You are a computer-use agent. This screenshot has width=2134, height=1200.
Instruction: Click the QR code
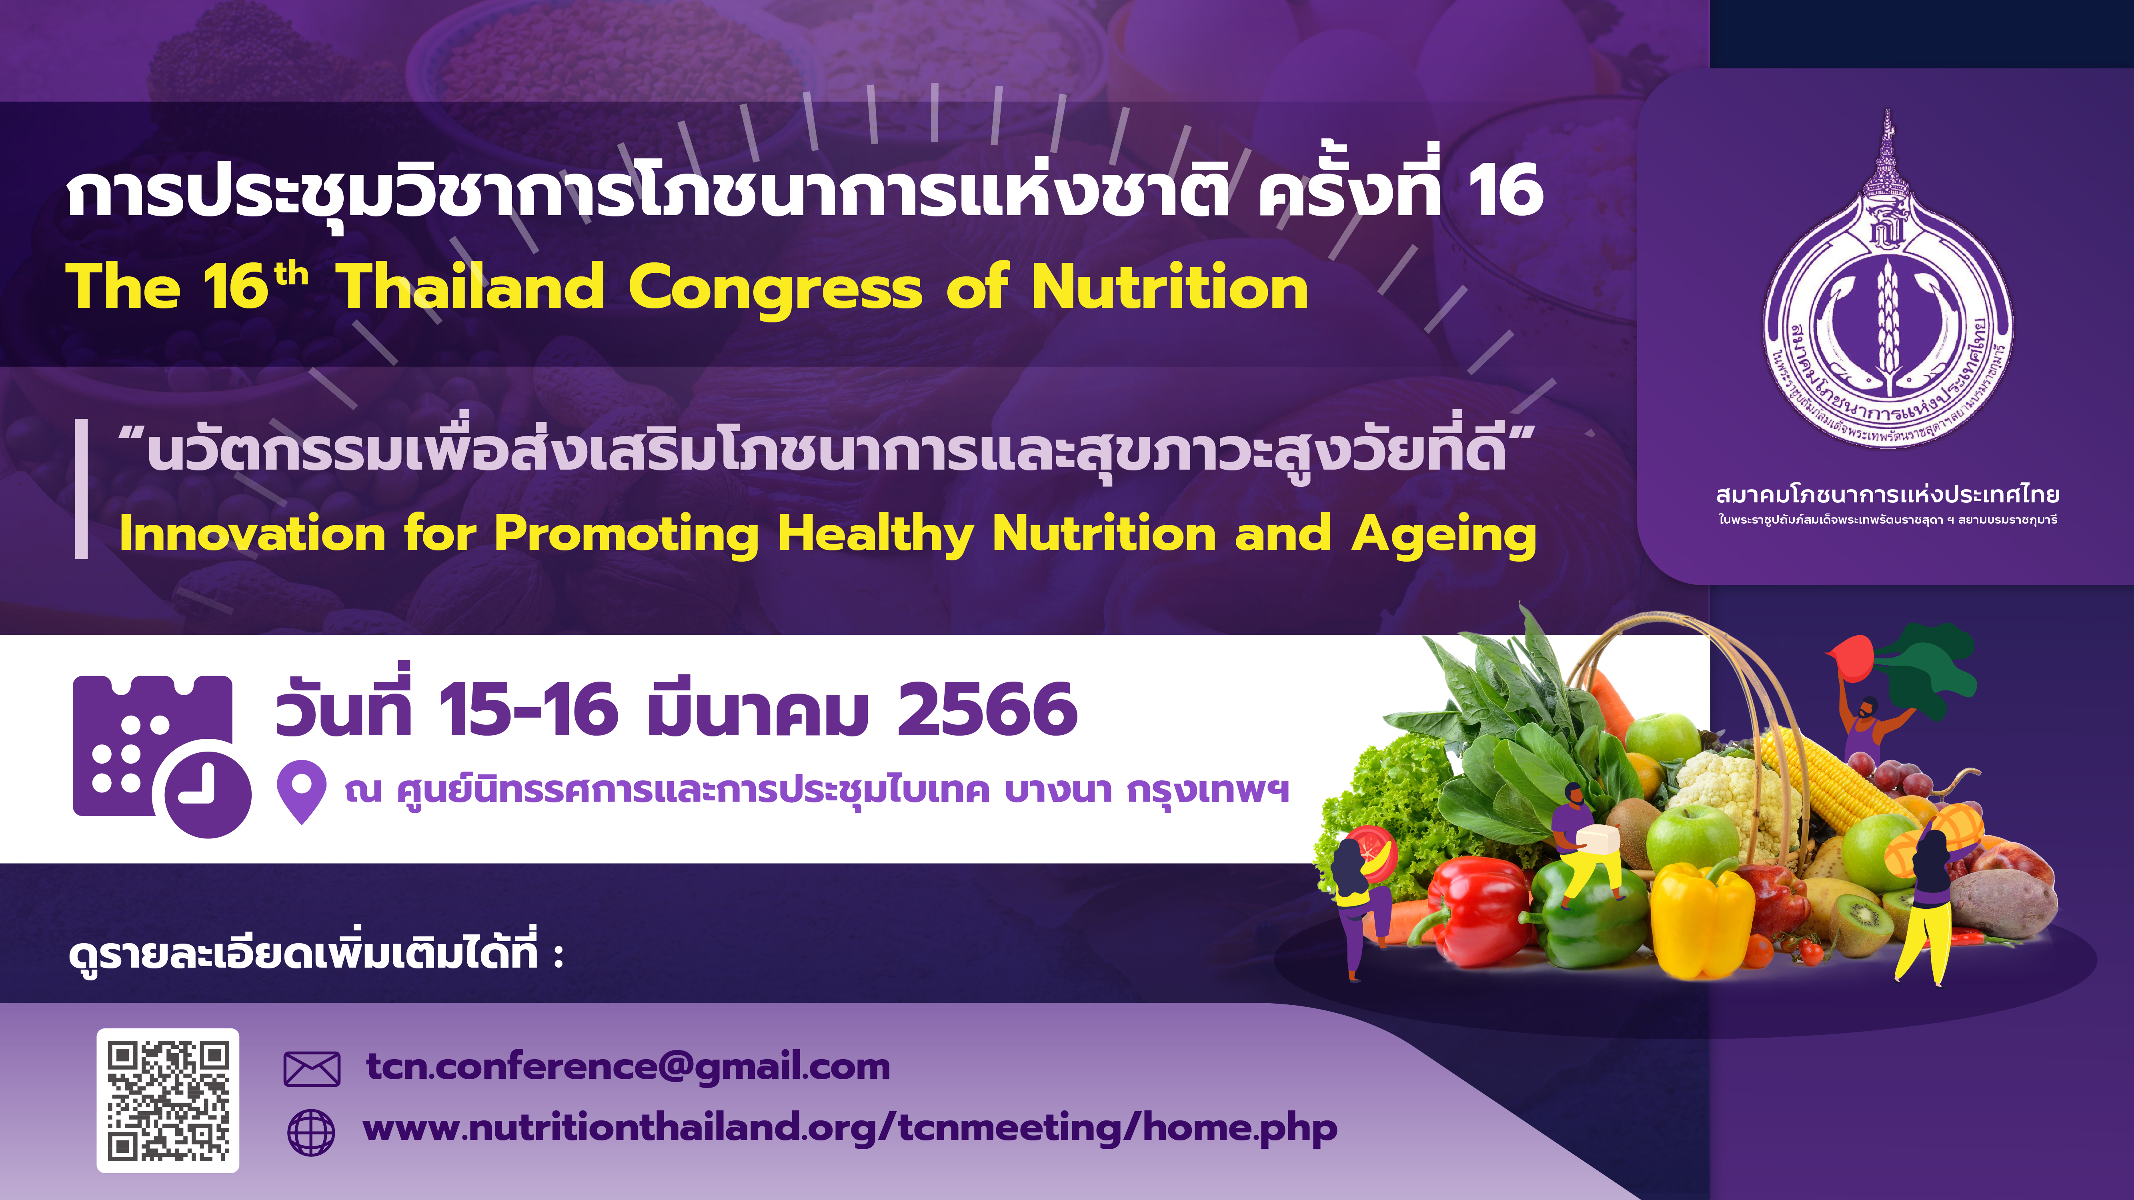168,1101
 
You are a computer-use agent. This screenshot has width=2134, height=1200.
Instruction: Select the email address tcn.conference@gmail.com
628,1067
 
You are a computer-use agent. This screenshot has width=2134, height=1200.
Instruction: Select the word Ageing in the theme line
1444,535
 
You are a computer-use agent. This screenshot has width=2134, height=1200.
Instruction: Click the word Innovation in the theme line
253,533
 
